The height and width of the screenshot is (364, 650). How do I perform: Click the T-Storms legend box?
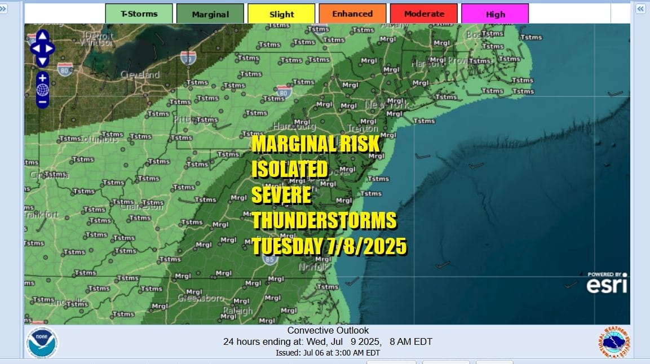tap(139, 14)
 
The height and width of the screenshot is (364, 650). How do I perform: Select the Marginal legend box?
tap(210, 14)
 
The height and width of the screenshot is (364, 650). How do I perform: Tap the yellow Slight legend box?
tap(281, 14)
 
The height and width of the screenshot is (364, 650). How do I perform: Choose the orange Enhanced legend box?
tap(352, 14)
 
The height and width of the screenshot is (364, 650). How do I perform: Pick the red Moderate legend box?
tap(423, 14)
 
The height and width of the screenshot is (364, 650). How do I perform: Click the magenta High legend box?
tap(495, 14)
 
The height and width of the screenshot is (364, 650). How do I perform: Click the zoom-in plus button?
tap(42, 77)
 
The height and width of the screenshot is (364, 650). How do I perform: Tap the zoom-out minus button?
tap(42, 102)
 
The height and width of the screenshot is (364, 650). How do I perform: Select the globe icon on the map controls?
tap(42, 90)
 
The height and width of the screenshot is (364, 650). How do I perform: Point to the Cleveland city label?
tap(140, 75)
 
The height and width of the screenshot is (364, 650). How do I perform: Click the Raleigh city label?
tap(238, 311)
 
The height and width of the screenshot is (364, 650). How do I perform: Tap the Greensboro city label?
tap(201, 298)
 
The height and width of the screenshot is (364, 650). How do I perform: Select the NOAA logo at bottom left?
tap(42, 341)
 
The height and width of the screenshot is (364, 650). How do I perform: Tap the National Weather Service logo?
tap(614, 341)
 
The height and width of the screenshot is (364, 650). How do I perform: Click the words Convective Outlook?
tap(328, 331)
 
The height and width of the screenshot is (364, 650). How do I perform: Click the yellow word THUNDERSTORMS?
tap(324, 220)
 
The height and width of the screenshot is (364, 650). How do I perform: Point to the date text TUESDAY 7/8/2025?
tap(329, 246)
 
